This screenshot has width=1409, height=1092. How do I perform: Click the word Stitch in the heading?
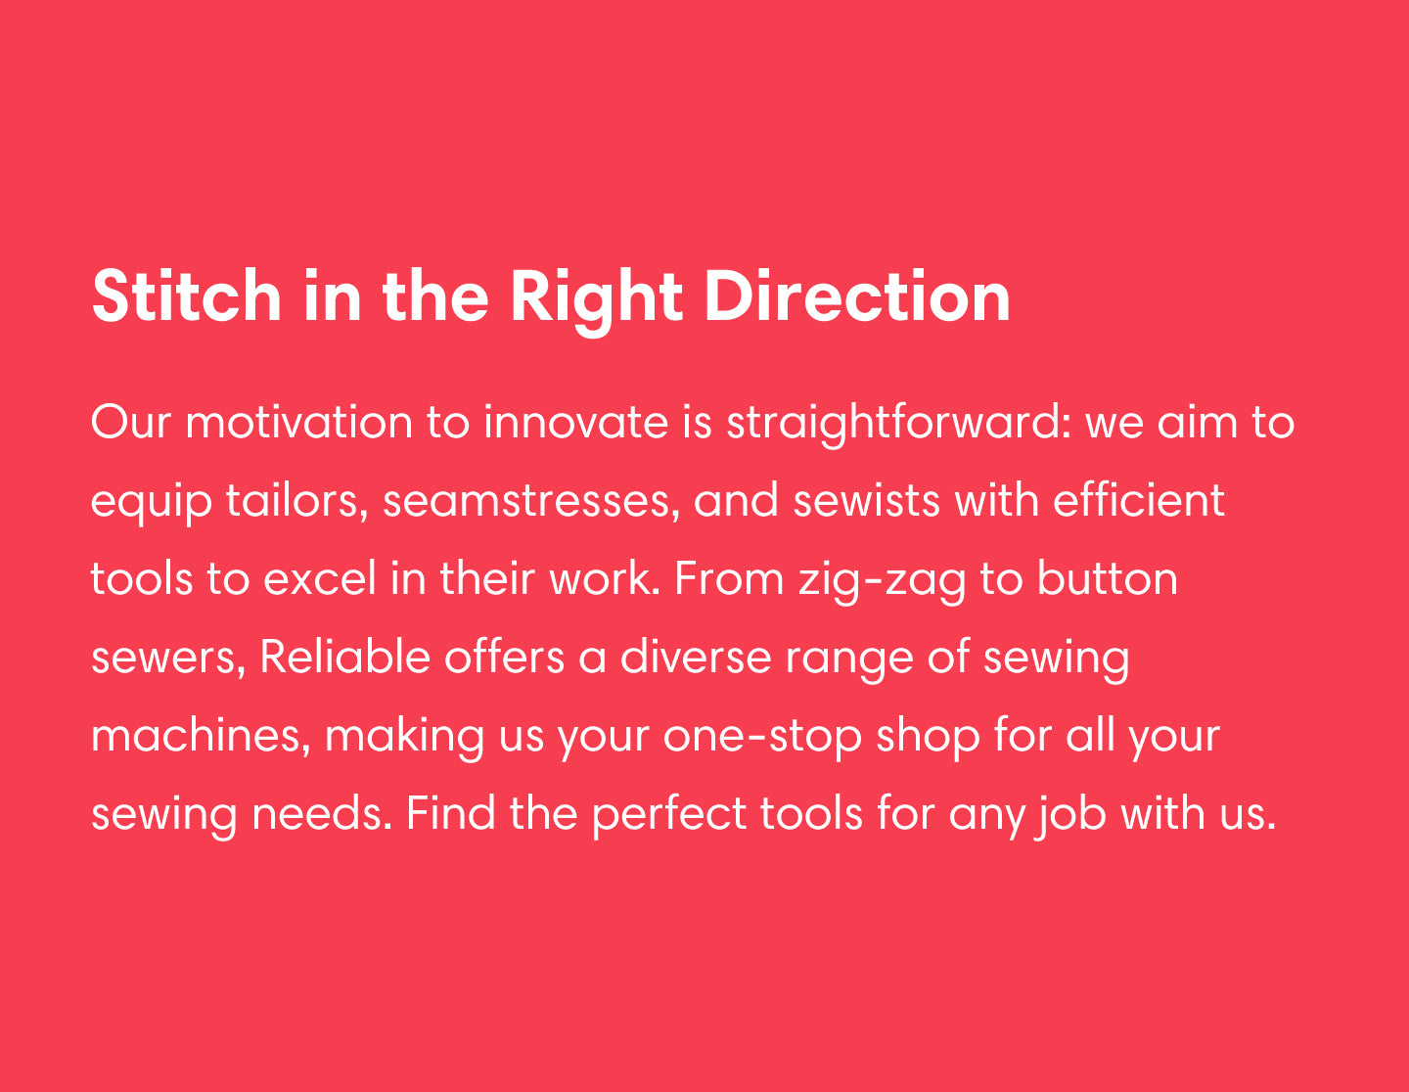coord(187,296)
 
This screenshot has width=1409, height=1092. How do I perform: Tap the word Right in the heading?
coord(596,301)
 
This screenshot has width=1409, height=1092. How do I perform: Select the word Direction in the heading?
coord(857,296)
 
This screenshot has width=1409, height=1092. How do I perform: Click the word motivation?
coord(299,423)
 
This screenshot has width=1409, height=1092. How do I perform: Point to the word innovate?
coord(575,423)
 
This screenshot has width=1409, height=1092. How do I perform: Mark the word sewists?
coord(867,502)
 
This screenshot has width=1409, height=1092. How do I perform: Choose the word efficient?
coord(1139,501)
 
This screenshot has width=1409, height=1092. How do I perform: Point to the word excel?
coord(320,579)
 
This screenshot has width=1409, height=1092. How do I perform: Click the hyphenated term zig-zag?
coord(882,582)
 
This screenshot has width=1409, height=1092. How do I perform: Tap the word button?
coord(1108,579)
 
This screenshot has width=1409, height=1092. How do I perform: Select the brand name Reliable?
coord(345,657)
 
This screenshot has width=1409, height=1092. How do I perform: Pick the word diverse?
coord(696,657)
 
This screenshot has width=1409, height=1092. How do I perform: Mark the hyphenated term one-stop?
coord(762,739)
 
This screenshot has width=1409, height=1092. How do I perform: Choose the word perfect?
coord(669,816)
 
